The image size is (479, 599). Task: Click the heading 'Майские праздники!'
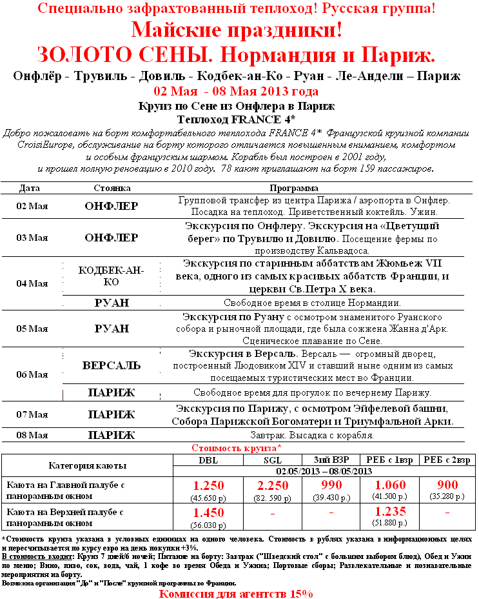(x=237, y=30)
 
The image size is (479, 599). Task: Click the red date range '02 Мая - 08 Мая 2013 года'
(x=237, y=90)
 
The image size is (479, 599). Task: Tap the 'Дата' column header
(x=30, y=188)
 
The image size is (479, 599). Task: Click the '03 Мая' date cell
(x=32, y=238)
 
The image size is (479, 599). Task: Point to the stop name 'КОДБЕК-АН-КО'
(x=111, y=276)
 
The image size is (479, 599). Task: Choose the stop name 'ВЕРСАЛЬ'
(x=111, y=365)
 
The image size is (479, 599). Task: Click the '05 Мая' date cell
(x=32, y=329)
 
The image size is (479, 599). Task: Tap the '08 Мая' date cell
(x=32, y=435)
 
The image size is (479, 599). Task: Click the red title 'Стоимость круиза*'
(x=237, y=447)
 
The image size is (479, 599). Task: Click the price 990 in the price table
(x=331, y=486)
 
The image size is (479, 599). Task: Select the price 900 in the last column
(x=447, y=485)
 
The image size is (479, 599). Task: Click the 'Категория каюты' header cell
(x=88, y=465)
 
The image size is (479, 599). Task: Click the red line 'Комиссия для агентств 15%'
(x=237, y=593)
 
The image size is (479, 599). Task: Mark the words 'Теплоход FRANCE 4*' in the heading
(x=237, y=119)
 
